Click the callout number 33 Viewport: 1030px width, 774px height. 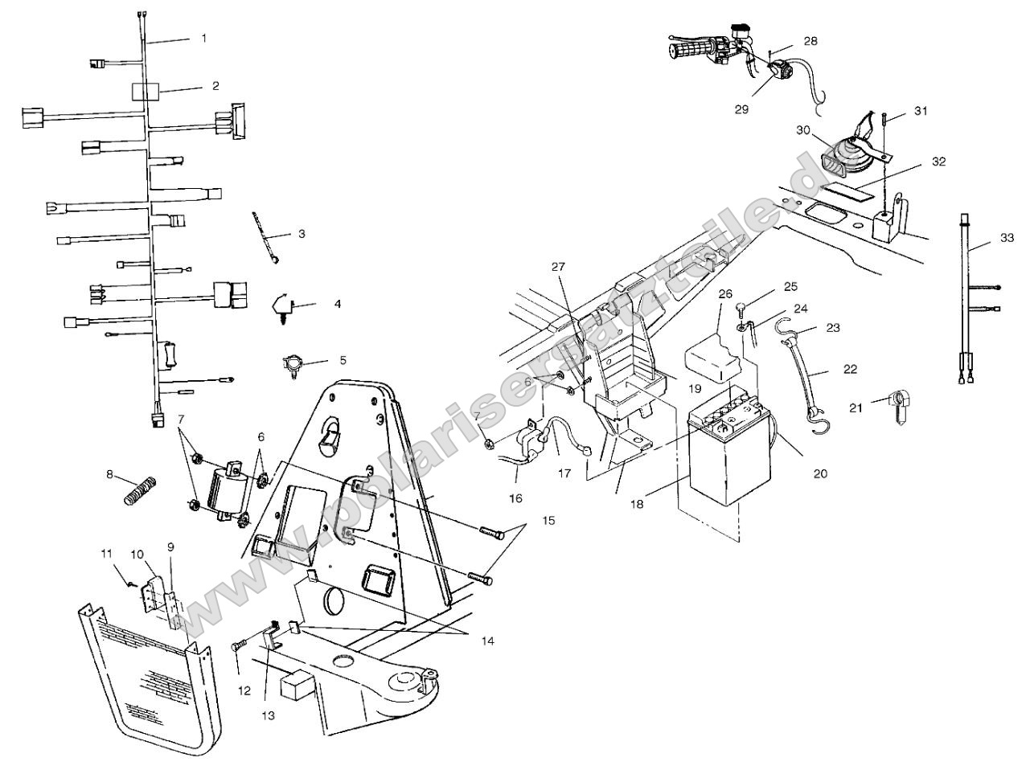[x=1007, y=238]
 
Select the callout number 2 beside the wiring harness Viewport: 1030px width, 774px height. [x=215, y=85]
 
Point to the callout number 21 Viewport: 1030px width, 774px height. [x=856, y=408]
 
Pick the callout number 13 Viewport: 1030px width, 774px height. [x=268, y=715]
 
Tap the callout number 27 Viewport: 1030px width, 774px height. [x=559, y=266]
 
